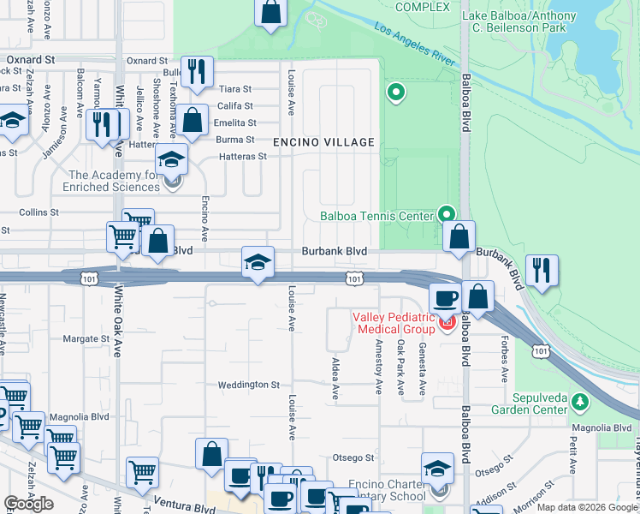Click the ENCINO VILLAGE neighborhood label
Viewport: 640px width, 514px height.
323,142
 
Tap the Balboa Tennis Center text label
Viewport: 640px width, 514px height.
376,216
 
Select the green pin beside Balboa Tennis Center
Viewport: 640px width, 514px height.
446,214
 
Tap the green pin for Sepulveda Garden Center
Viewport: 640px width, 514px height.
580,401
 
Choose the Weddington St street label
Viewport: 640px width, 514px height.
248,385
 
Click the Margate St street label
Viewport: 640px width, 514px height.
86,339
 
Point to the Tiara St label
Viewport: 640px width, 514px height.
235,89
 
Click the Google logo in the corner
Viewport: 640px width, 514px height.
28,503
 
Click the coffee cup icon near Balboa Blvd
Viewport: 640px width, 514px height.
444,298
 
